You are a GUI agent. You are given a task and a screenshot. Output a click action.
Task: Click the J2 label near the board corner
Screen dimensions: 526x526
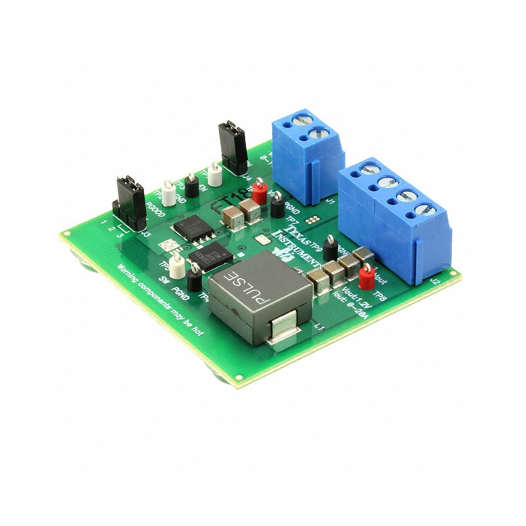click(434, 280)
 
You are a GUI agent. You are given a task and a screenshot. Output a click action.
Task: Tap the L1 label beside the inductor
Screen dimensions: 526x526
click(320, 325)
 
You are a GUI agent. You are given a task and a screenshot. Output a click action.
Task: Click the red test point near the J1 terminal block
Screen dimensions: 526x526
click(260, 186)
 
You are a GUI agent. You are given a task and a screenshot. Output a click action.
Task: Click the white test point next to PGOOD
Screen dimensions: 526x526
click(170, 194)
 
